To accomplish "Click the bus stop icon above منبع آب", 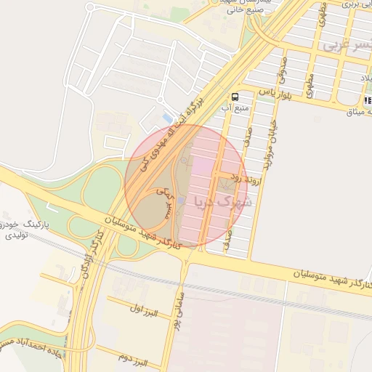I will [235, 96].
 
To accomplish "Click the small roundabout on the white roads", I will [90, 8].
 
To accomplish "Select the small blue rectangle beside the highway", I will [169, 117].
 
